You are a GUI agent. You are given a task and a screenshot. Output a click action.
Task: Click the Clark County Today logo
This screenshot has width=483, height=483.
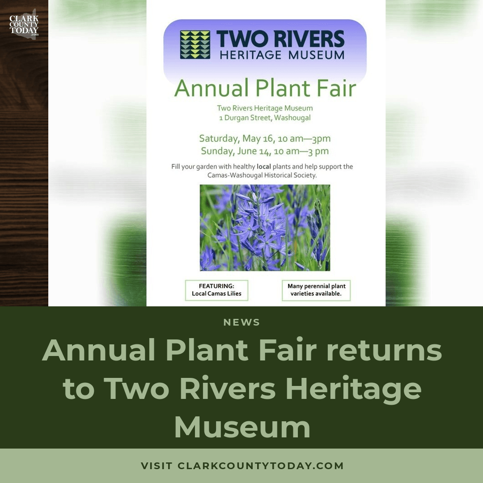(24, 25)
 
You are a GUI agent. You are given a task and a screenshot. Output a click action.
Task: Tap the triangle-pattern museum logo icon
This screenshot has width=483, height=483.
(195, 45)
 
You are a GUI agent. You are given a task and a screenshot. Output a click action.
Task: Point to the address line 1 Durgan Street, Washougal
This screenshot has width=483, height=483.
(265, 118)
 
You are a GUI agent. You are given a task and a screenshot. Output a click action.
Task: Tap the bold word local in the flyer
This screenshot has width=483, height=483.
(264, 166)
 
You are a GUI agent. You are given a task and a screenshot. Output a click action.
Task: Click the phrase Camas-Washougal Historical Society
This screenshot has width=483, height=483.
(262, 175)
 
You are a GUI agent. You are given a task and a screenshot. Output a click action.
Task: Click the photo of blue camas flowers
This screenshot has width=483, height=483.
(265, 228)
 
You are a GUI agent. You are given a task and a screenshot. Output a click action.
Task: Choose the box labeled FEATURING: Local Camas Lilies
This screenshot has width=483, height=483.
(216, 290)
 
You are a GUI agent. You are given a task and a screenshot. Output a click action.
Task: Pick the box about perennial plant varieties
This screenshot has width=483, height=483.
(316, 290)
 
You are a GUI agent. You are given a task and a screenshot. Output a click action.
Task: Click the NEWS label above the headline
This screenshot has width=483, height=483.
(241, 322)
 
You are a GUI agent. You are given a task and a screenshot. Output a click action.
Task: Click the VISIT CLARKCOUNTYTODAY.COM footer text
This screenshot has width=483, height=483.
(242, 466)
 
